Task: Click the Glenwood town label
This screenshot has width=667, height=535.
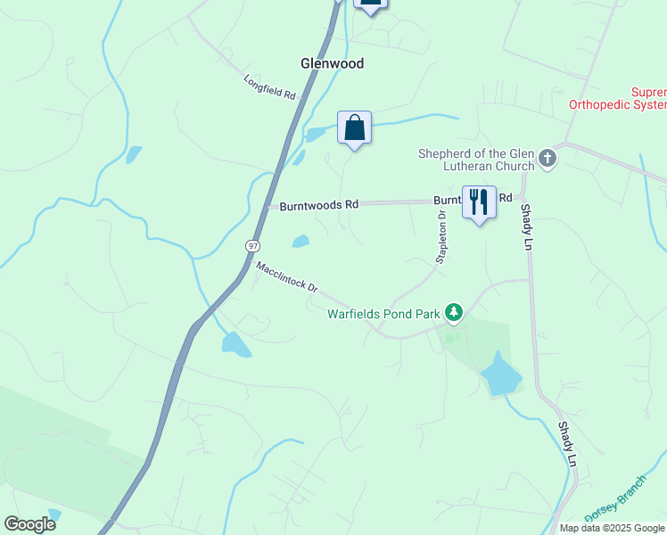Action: (331, 63)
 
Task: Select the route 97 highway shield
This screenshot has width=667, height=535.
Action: (253, 243)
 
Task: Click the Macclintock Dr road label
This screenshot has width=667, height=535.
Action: (286, 276)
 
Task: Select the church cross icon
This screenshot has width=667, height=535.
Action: (548, 160)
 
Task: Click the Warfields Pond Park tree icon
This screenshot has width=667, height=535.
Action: (455, 311)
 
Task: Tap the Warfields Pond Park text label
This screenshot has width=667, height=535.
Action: (384, 314)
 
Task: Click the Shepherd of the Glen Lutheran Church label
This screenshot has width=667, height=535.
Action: (476, 160)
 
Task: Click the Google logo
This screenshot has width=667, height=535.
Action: (29, 523)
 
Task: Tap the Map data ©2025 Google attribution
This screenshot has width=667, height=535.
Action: (611, 528)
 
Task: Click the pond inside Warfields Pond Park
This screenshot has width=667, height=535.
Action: (500, 374)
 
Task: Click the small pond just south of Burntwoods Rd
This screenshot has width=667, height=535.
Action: (301, 241)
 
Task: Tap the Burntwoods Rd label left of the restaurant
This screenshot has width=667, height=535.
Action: (318, 205)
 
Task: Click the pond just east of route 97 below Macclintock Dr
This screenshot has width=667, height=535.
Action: (235, 343)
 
